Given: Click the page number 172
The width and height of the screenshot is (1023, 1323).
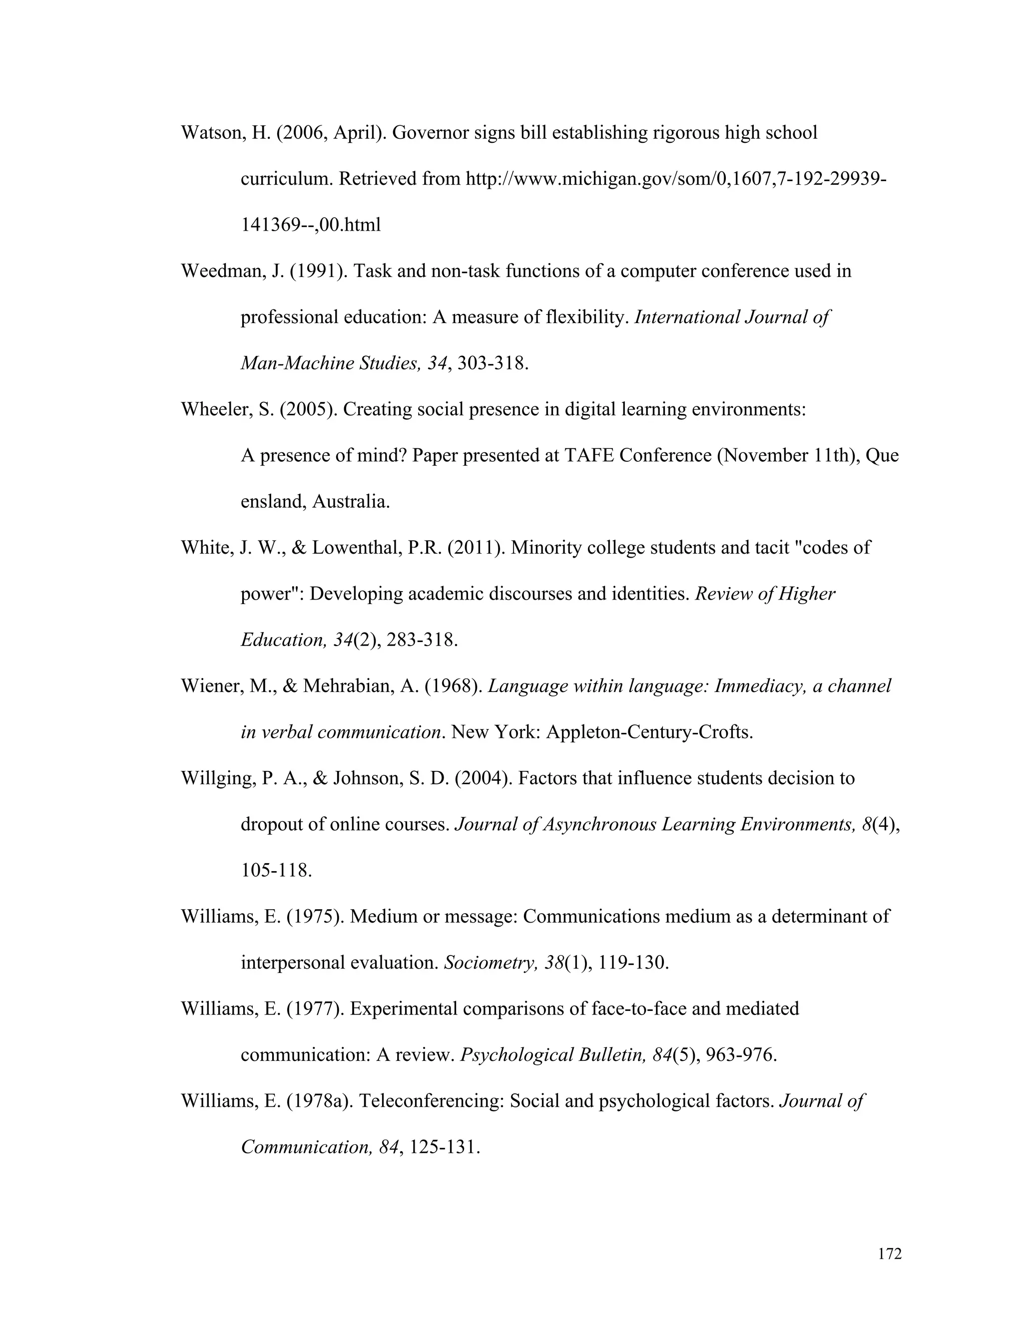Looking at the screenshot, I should pyautogui.click(x=890, y=1254).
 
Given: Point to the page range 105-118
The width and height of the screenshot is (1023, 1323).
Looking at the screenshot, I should pyautogui.click(x=276, y=871).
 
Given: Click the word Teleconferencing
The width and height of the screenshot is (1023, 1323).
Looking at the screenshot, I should pyautogui.click(x=432, y=1101).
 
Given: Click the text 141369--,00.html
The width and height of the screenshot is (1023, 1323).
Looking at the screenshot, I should pyautogui.click(x=311, y=225).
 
